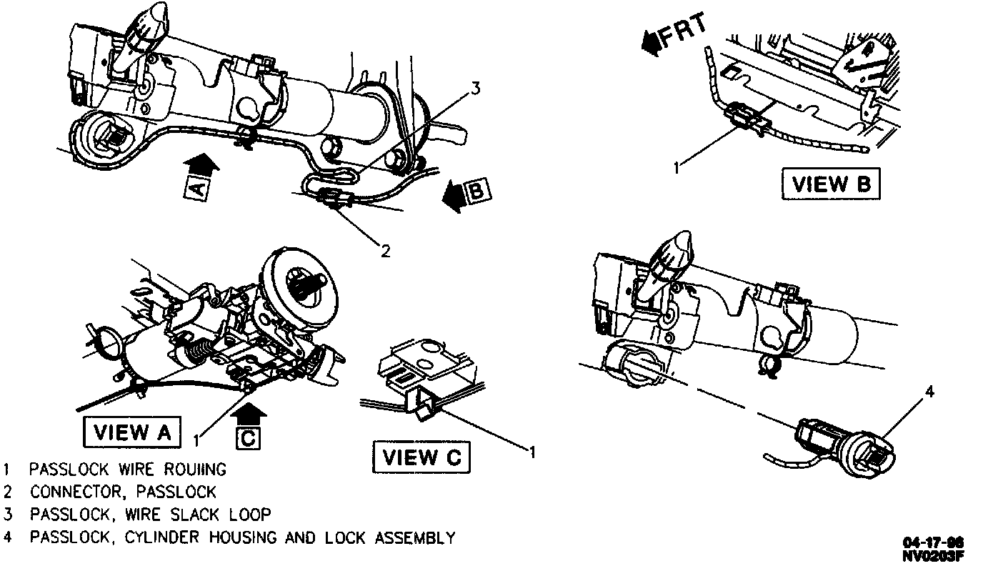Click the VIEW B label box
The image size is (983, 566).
pyautogui.click(x=830, y=184)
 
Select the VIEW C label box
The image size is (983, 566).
pyautogui.click(x=421, y=457)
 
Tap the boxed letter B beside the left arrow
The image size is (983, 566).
pyautogui.click(x=476, y=191)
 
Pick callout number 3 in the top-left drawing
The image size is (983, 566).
pyautogui.click(x=475, y=89)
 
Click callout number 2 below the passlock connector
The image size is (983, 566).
pyautogui.click(x=385, y=251)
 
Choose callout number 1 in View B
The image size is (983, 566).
pyautogui.click(x=677, y=169)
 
